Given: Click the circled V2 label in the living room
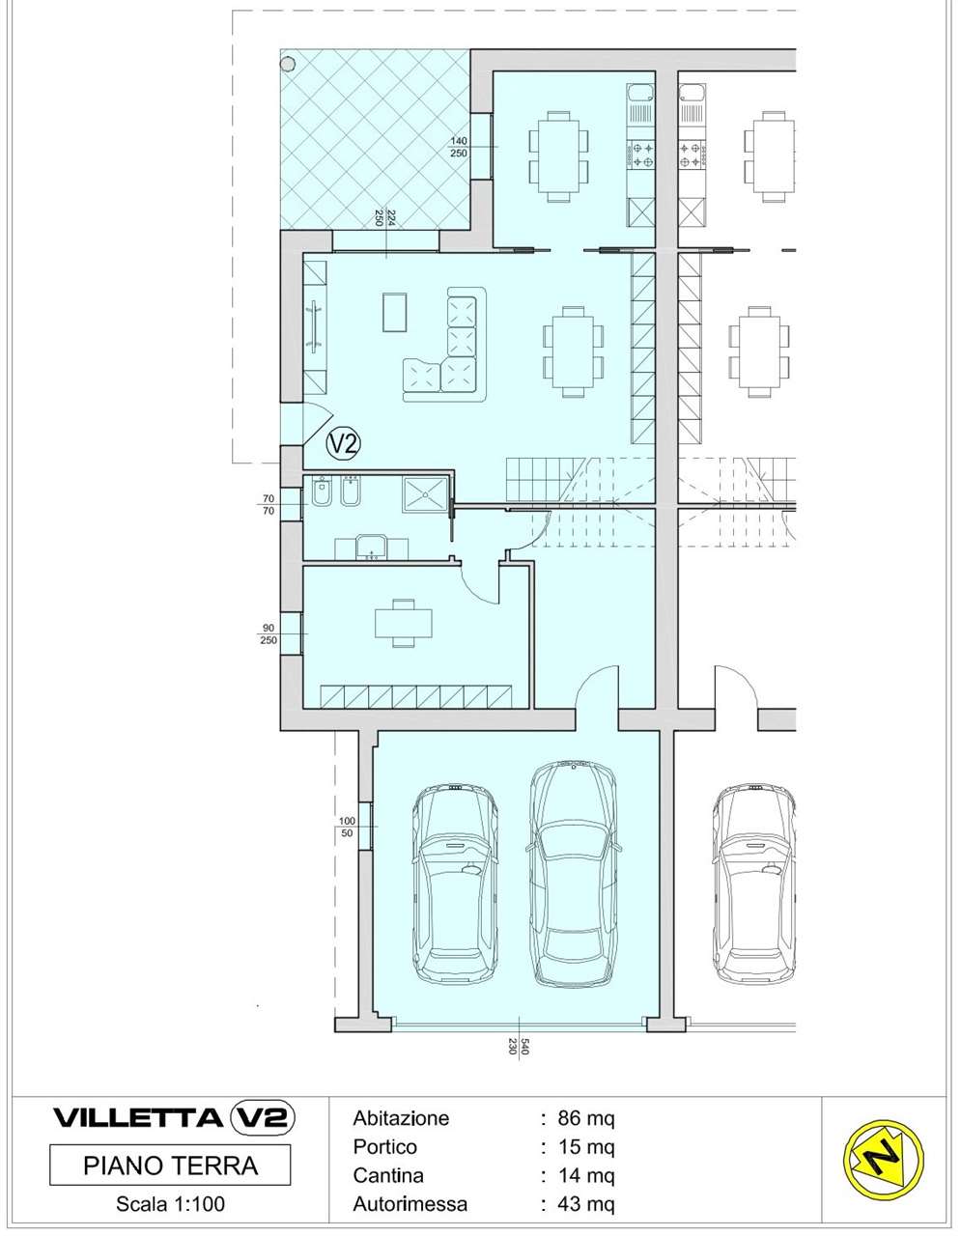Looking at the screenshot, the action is tap(344, 443).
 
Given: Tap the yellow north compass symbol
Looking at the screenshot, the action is tap(884, 1156).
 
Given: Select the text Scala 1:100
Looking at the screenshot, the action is tap(171, 1204).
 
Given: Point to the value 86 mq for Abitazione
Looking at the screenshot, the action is tap(585, 1118).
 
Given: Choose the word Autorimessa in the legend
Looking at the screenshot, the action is tap(410, 1203).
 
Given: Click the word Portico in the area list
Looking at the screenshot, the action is tap(385, 1147).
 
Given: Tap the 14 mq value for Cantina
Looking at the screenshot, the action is tap(585, 1175).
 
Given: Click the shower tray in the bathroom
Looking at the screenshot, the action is tap(425, 494).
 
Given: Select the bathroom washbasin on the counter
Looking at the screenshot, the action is tap(371, 547).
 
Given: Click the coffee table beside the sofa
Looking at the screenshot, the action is tap(395, 312).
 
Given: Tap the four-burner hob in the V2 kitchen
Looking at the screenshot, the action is tap(641, 154).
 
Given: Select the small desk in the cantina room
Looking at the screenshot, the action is tap(403, 623).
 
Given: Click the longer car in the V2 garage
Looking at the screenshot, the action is tap(573, 872).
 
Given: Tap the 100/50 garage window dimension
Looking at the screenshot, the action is tap(347, 827).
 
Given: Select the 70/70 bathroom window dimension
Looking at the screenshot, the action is tap(269, 504).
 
